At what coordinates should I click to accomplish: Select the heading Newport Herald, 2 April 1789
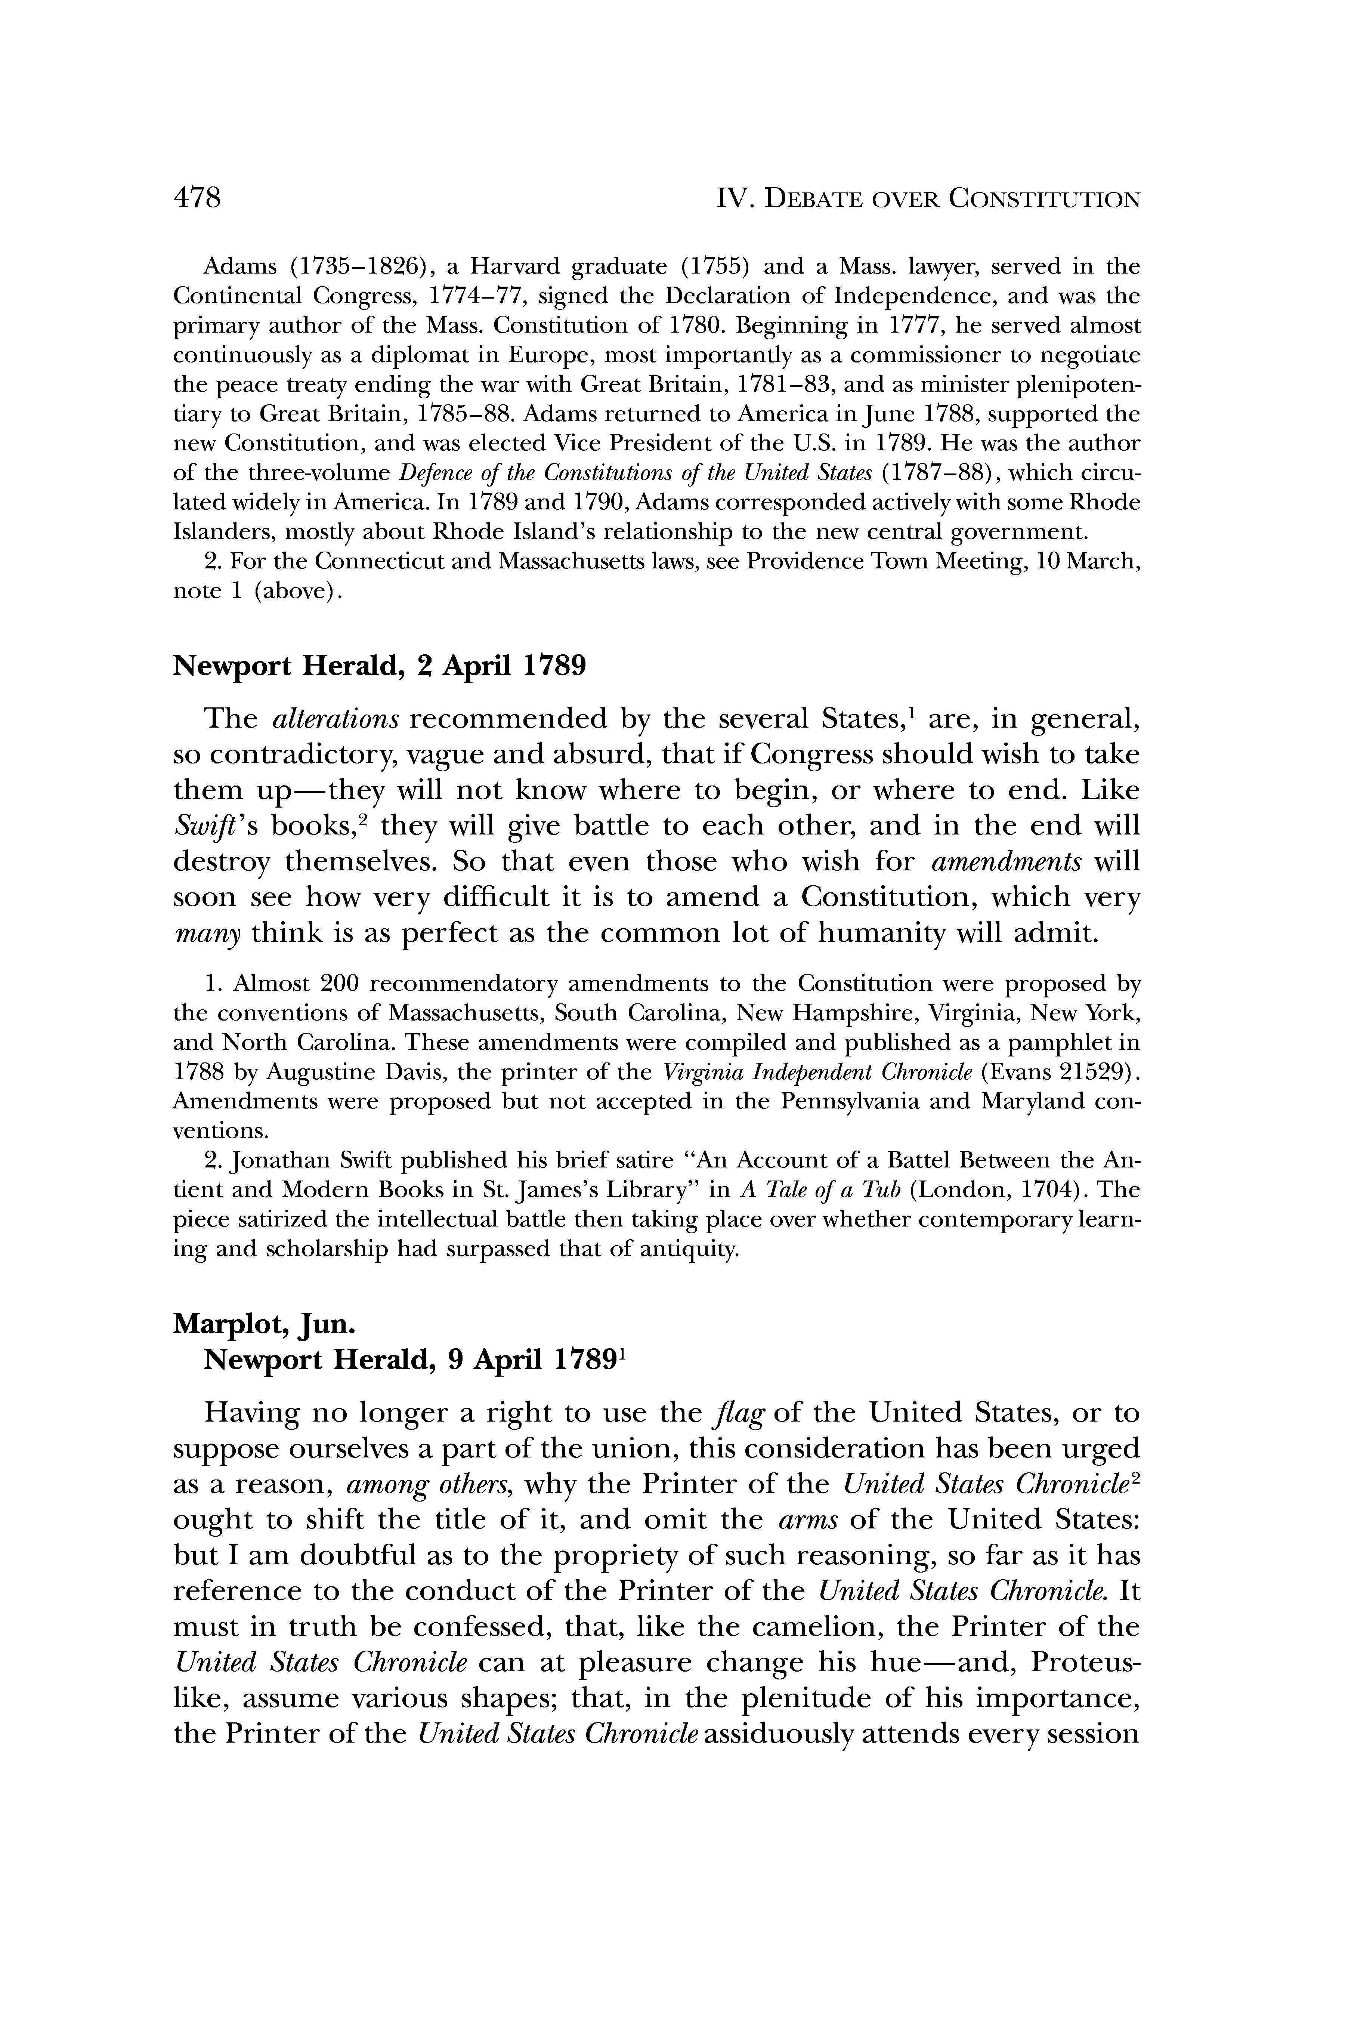coord(380,666)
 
